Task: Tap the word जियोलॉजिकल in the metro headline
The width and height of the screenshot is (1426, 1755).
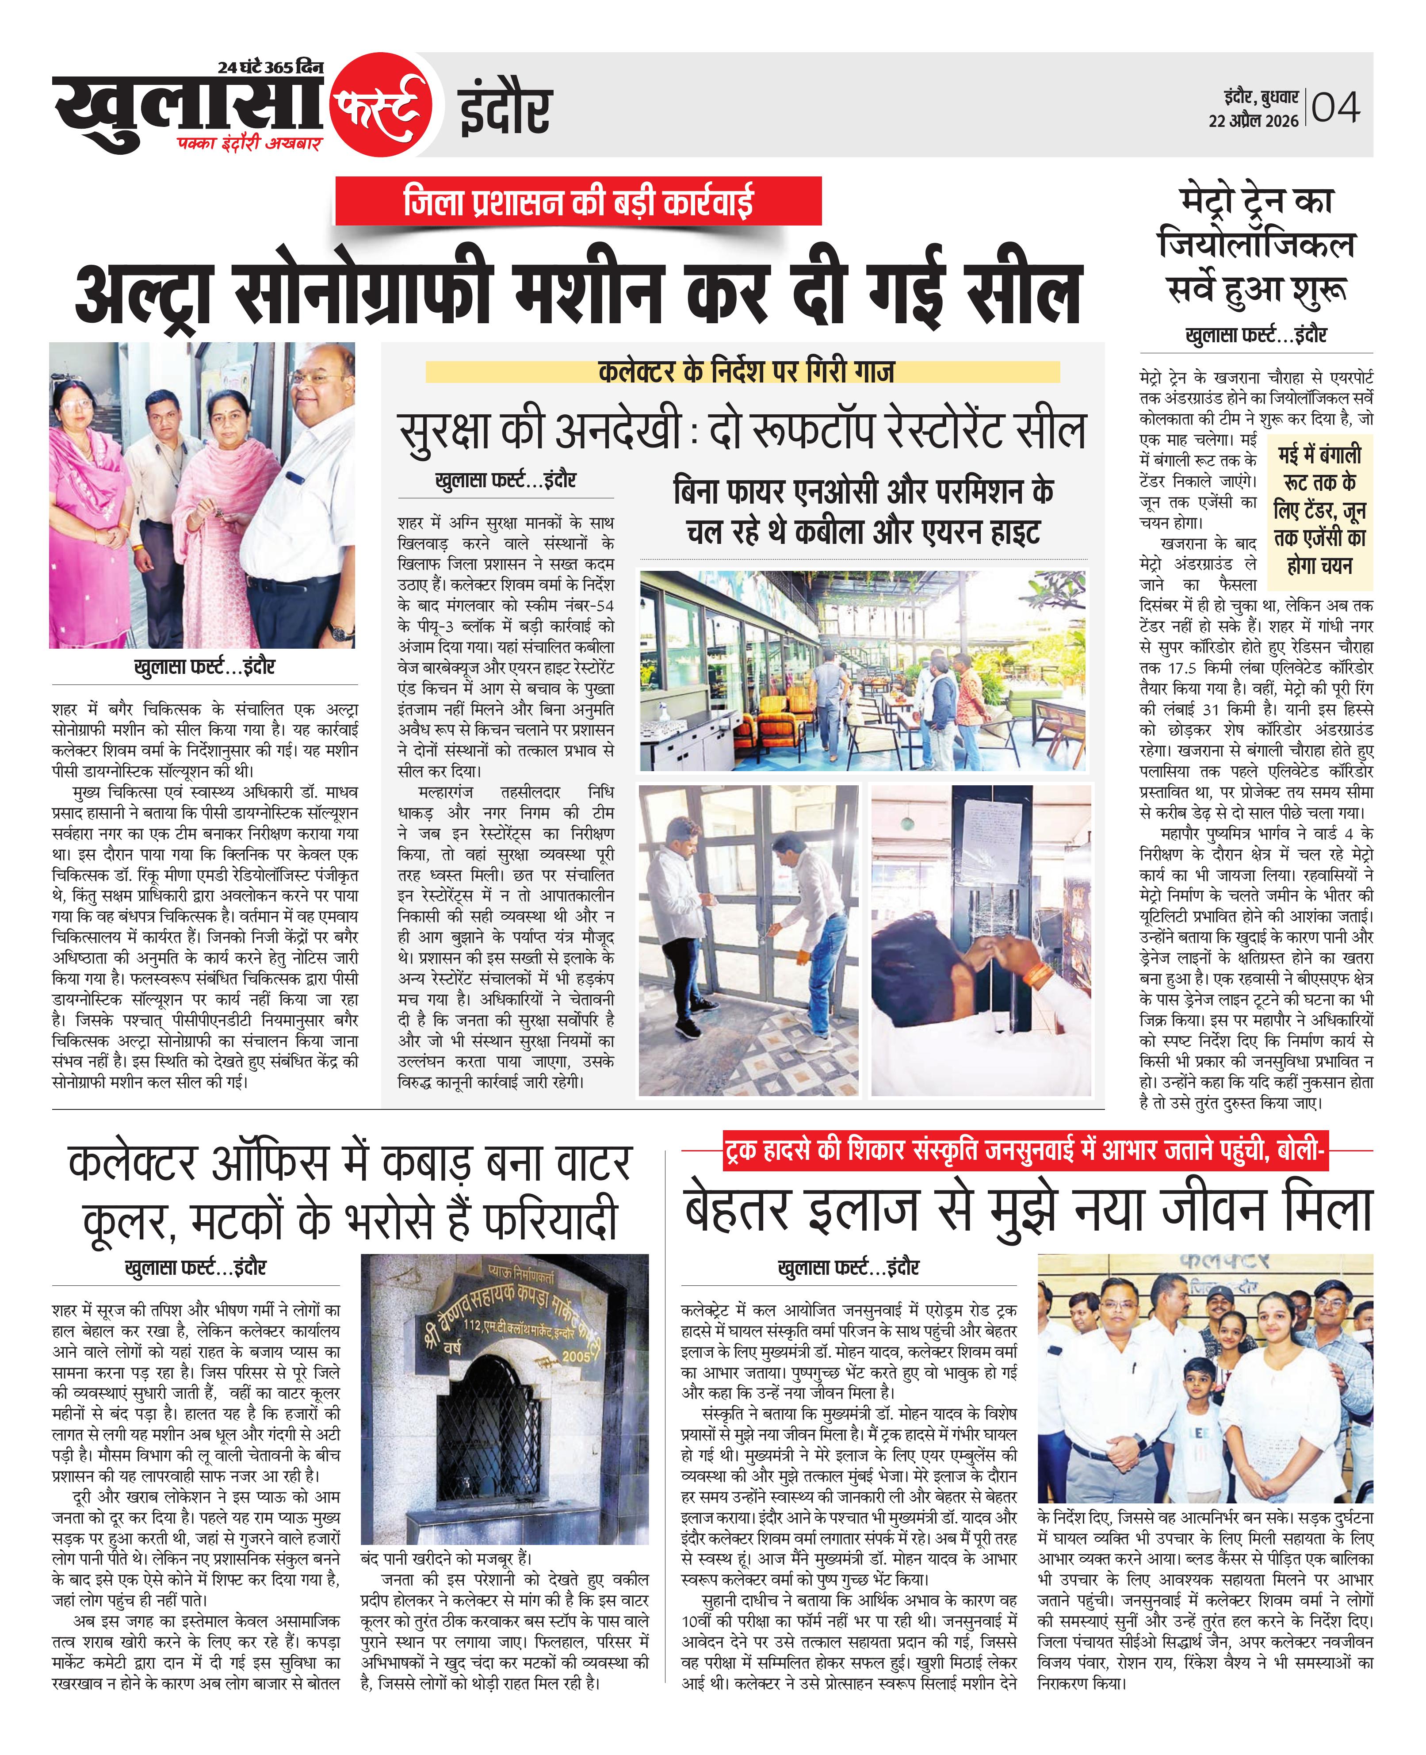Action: pos(1255,244)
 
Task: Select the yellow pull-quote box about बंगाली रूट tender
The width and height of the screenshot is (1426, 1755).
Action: pos(1319,510)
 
